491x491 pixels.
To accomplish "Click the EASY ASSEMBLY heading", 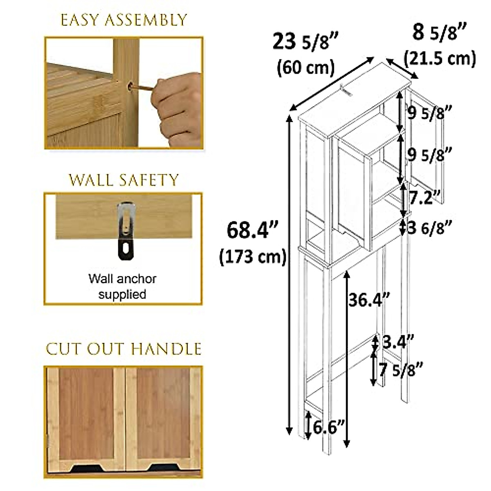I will coord(124,20).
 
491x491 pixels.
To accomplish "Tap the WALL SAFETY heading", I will coord(124,180).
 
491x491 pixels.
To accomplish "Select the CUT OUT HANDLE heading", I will coord(124,349).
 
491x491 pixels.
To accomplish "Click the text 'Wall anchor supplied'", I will coord(122,286).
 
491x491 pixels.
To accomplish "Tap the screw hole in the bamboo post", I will coord(132,87).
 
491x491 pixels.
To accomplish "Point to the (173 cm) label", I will coord(252,257).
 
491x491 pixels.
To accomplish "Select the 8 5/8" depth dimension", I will coord(440,33).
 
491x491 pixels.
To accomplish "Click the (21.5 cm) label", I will coord(440,58).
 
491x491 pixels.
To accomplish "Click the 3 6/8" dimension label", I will coord(430,228).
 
